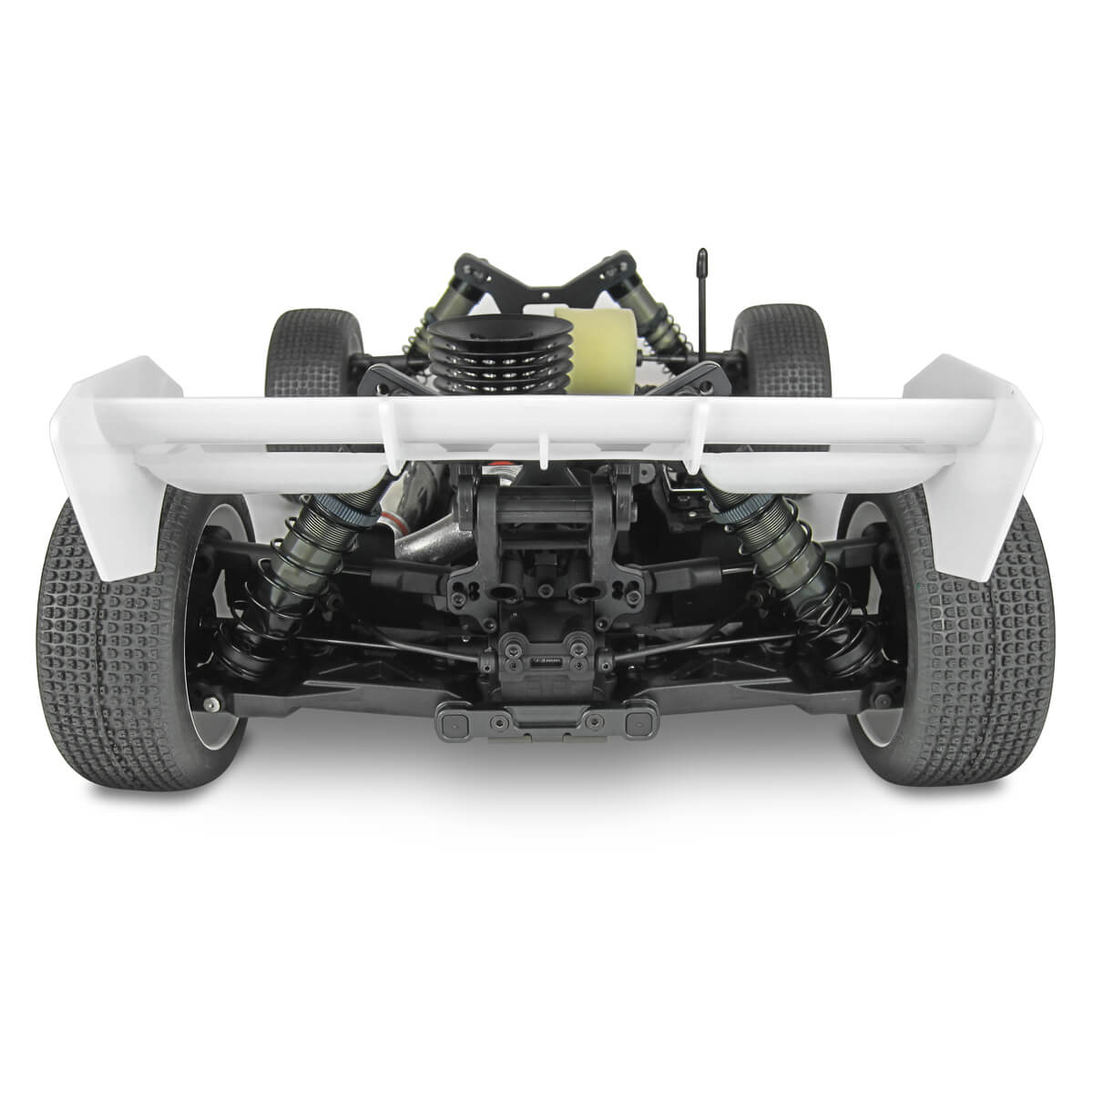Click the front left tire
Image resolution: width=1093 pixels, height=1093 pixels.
pyautogui.click(x=305, y=351)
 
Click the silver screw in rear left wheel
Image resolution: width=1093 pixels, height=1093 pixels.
pyautogui.click(x=211, y=704)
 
